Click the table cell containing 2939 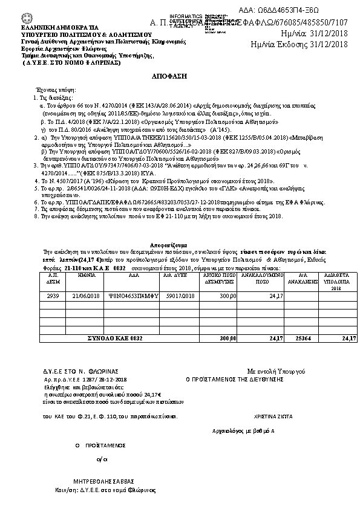tap(53, 296)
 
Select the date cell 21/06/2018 tap(85, 296)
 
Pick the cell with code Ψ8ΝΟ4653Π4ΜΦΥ tap(129, 296)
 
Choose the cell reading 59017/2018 tap(180, 296)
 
